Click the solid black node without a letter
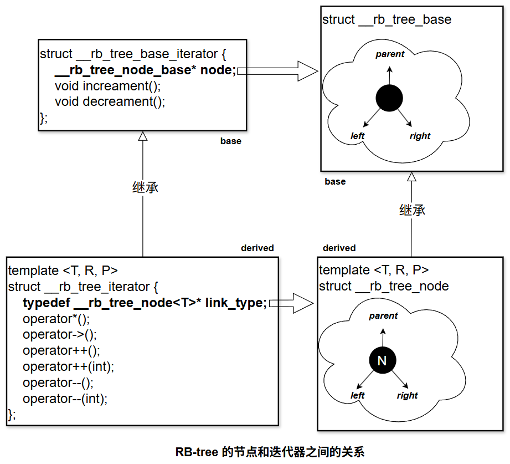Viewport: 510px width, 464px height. pos(389,98)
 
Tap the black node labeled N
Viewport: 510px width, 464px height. pos(382,361)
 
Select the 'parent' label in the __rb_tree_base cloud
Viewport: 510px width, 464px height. pos(390,54)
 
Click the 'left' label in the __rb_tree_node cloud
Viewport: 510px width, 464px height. pos(358,395)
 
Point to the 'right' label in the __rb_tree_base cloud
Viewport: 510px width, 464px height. pos(420,136)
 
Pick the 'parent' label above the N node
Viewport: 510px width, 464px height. pos(383,316)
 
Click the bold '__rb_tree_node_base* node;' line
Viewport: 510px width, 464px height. pos(145,70)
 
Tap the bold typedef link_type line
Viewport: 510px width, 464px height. pos(145,303)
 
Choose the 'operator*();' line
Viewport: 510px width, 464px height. pos(56,319)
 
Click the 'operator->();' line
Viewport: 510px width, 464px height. pos(60,335)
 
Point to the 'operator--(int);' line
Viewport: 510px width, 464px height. pos(65,398)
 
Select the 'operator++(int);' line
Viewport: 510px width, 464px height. pos(68,366)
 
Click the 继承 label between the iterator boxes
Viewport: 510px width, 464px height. pos(145,187)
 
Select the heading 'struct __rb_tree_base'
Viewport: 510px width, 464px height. pos(387,20)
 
